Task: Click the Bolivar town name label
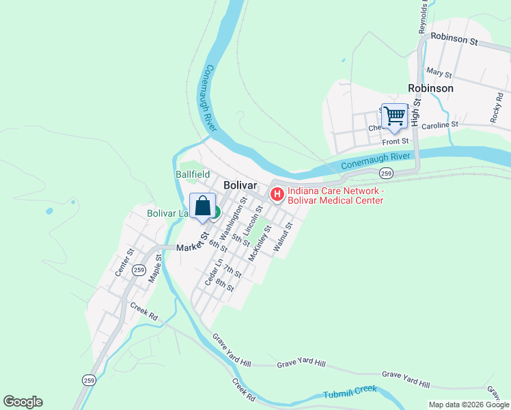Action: click(240, 185)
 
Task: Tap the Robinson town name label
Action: click(430, 88)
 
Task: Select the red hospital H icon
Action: click(277, 195)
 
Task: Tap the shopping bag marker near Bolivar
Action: click(202, 206)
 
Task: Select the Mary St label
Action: click(439, 72)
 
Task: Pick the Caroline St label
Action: click(439, 126)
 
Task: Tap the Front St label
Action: click(395, 141)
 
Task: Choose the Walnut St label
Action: click(283, 237)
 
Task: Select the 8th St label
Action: click(225, 286)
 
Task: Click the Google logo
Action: click(23, 402)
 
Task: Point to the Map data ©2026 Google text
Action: click(469, 405)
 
